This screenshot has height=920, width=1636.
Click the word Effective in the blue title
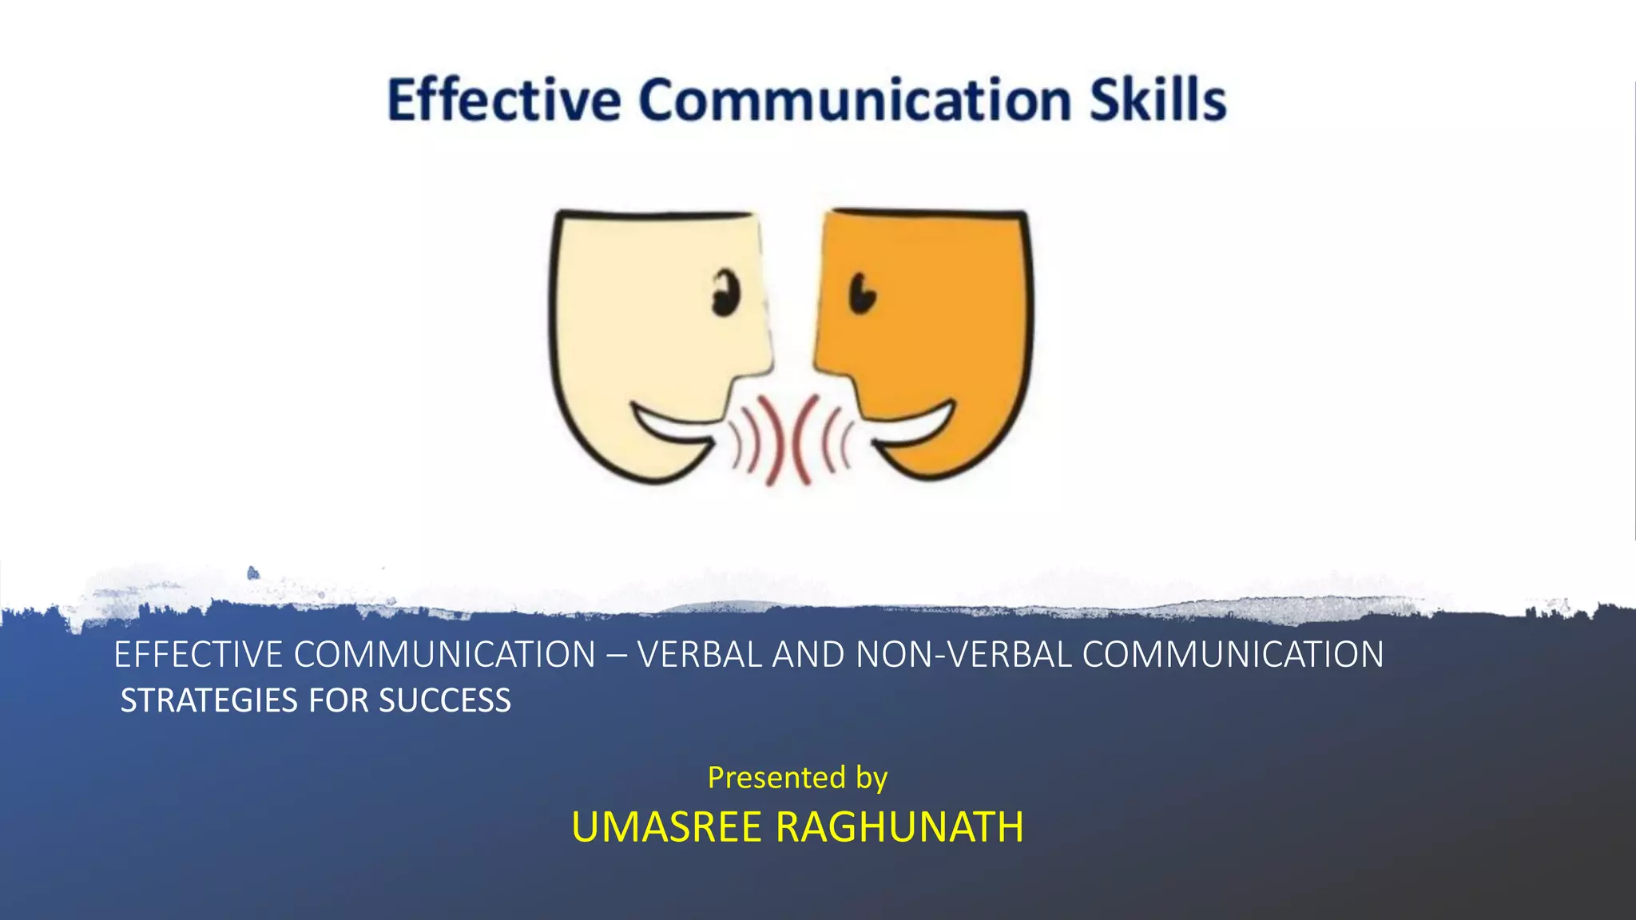click(x=504, y=101)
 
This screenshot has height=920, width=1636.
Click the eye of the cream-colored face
click(x=726, y=293)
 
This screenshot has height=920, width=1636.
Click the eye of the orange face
click(x=862, y=293)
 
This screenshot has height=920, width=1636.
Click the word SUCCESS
click(x=445, y=700)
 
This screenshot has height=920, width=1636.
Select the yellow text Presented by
click(x=797, y=777)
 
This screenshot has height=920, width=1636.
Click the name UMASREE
click(x=666, y=827)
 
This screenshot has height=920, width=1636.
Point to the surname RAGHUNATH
click(x=899, y=827)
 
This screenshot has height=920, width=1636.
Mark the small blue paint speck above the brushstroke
click(x=253, y=573)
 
